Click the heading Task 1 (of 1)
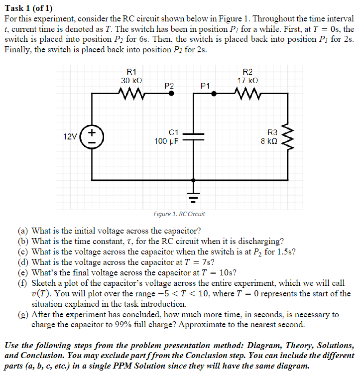pyautogui.click(x=28, y=6)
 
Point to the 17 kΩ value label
pyautogui.click(x=247, y=80)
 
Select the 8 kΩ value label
pyautogui.click(x=272, y=141)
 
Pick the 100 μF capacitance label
pyautogui.click(x=167, y=141)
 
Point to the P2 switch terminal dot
pyautogui.click(x=172, y=93)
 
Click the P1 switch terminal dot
pyautogui.click(x=214, y=93)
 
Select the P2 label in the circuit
pyautogui.click(x=169, y=85)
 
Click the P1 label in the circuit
pyautogui.click(x=205, y=86)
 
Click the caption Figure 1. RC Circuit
pyautogui.click(x=179, y=214)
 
